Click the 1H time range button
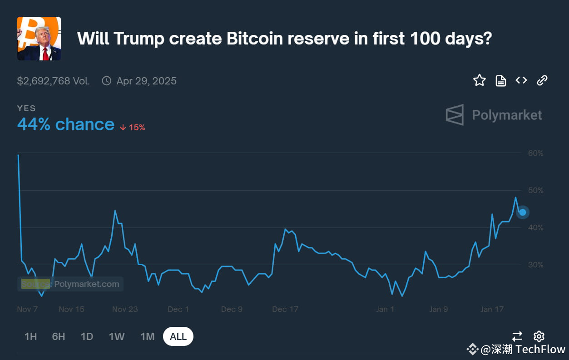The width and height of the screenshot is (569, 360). click(x=30, y=336)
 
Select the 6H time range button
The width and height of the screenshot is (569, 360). click(x=59, y=336)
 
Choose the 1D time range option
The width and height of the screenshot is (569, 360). click(x=87, y=336)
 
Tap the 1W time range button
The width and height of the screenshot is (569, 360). click(x=117, y=336)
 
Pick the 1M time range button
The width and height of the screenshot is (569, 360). click(x=148, y=336)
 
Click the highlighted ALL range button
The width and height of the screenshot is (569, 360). click(x=178, y=336)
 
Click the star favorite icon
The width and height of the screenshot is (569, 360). click(x=480, y=81)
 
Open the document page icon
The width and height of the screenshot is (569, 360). click(x=500, y=81)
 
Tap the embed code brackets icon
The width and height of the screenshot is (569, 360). click(x=521, y=80)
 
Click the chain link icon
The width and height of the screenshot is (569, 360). click(x=542, y=80)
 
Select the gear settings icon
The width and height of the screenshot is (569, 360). click(x=539, y=336)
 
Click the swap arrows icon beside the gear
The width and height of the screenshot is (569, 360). click(x=517, y=336)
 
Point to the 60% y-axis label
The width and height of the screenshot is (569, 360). click(x=535, y=153)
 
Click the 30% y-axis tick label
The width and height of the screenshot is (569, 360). click(x=535, y=265)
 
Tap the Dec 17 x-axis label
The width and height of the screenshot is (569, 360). click(x=285, y=309)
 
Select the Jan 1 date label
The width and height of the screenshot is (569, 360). click(x=385, y=309)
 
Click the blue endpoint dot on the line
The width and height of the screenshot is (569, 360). click(x=523, y=212)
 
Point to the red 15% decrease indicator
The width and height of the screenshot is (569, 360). click(x=133, y=128)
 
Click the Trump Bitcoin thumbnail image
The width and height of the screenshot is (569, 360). click(x=39, y=39)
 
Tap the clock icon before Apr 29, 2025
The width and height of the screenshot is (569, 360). click(x=107, y=81)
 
